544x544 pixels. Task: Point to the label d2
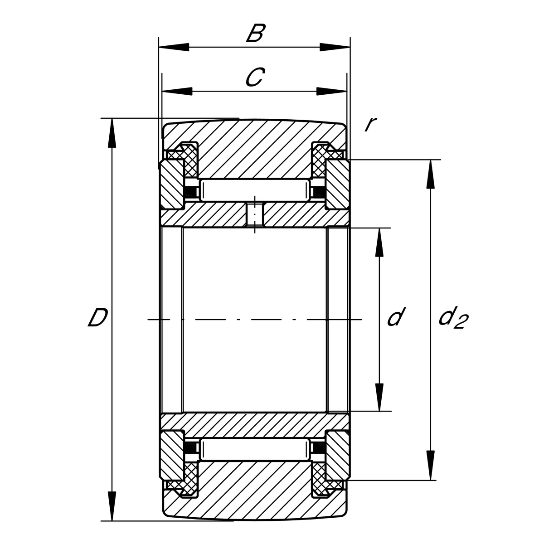click(x=452, y=318)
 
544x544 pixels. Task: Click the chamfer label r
click(x=370, y=124)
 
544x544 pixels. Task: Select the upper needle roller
click(x=255, y=190)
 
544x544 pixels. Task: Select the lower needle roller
click(x=255, y=449)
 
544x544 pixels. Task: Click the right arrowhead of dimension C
click(x=331, y=91)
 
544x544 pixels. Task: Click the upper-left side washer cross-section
click(x=171, y=186)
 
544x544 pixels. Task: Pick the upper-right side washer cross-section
click(x=338, y=186)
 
